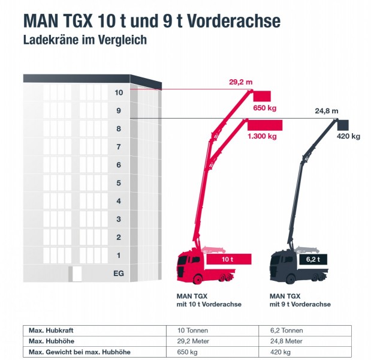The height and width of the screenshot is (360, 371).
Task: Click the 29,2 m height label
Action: [x=240, y=82]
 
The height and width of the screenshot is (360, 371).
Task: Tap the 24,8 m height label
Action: [x=326, y=111]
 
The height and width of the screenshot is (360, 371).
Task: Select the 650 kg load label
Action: [x=264, y=108]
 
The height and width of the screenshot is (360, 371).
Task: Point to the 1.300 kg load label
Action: [x=262, y=136]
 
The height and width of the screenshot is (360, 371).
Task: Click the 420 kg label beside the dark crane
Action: [x=348, y=136]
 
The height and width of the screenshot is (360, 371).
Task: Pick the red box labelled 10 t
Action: [x=229, y=259]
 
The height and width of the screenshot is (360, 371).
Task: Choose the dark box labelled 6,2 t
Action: [x=313, y=259]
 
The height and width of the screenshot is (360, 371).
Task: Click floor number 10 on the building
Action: [x=119, y=92]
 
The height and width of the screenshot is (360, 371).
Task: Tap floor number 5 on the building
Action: [x=119, y=183]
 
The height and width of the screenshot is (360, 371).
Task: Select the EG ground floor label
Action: [x=119, y=274]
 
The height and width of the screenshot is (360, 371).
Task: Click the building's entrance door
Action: [x=77, y=274]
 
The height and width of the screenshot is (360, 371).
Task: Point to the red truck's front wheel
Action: [x=197, y=279]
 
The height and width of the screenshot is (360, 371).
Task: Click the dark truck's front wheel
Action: [x=290, y=279]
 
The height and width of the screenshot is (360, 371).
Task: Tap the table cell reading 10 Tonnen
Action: [x=192, y=331]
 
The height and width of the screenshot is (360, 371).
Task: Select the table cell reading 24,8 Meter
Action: [x=286, y=341]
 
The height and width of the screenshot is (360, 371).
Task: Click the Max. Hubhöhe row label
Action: [x=52, y=341]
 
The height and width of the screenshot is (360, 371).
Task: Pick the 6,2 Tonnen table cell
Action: [x=286, y=331]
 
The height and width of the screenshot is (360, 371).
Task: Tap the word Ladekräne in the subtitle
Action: [x=51, y=40]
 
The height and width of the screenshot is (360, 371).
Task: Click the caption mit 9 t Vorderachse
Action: [x=300, y=304]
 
